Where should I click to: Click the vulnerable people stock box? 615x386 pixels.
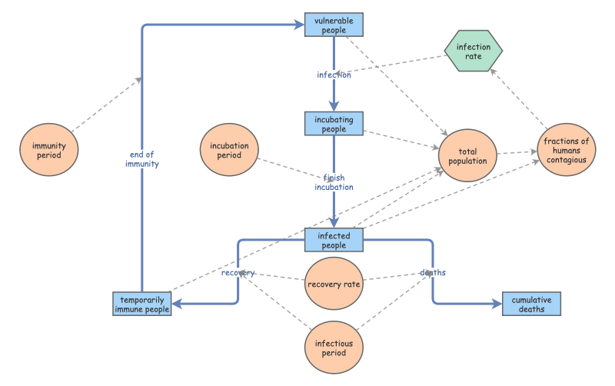point(334,25)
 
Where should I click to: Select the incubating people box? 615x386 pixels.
point(334,123)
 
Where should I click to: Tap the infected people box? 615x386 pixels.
point(334,240)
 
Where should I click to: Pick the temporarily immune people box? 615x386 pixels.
point(141,304)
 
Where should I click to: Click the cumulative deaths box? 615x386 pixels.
point(531,304)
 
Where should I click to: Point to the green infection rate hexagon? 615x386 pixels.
point(474,52)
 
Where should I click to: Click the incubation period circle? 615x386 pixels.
point(229,150)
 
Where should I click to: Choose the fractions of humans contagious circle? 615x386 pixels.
point(566,150)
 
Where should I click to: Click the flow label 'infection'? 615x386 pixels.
point(334,75)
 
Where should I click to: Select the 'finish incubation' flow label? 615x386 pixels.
point(334,182)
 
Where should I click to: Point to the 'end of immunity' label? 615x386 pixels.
point(142,158)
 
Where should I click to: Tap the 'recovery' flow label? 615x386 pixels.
point(238,273)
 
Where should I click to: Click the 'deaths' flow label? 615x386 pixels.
point(433,273)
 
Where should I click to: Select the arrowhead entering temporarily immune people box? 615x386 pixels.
point(176,304)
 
